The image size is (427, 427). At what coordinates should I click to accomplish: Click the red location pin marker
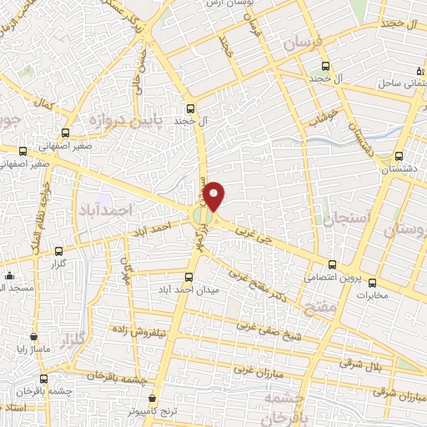(214, 195)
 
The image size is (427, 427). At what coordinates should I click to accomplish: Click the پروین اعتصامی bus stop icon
(332, 264)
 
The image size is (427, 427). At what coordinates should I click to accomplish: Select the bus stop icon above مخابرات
(372, 281)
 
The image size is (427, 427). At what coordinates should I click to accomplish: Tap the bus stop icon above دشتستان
(399, 155)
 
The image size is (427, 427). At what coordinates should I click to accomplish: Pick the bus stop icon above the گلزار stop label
(58, 251)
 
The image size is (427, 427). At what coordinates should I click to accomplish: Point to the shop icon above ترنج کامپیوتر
(151, 399)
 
